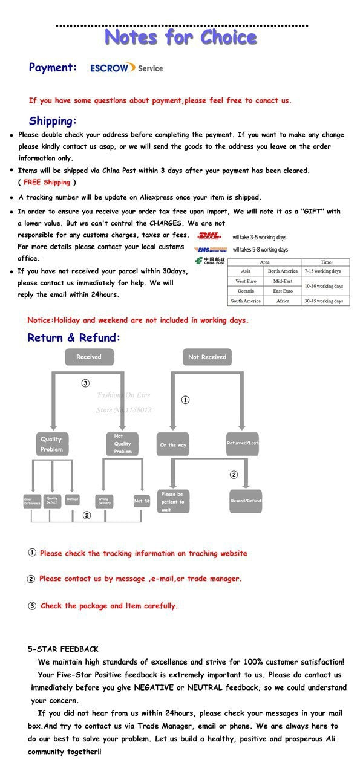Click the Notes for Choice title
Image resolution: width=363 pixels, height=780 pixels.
[x=181, y=38]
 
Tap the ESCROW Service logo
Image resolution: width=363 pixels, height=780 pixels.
[x=126, y=68]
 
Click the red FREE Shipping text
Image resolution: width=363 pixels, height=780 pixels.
[x=47, y=182]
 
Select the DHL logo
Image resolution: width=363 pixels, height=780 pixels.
[x=210, y=235]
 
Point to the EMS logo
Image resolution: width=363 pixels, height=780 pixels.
[x=210, y=249]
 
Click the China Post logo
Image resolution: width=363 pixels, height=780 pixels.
[x=210, y=261]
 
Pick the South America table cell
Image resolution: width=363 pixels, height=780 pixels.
[x=246, y=301]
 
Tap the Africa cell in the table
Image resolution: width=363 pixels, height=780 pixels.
[x=283, y=301]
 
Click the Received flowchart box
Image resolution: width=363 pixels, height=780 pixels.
[x=89, y=357]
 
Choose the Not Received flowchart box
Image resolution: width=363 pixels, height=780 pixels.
[x=207, y=357]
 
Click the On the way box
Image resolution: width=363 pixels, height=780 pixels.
[x=173, y=444]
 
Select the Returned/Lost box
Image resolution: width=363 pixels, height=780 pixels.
[x=243, y=443]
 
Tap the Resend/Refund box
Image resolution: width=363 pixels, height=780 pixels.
[x=246, y=501]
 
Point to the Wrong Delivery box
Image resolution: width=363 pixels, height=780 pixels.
[x=104, y=501]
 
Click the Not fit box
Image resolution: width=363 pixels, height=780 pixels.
[x=142, y=501]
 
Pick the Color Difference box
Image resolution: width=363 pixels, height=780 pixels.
[x=32, y=501]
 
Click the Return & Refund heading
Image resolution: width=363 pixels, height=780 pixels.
[x=74, y=337]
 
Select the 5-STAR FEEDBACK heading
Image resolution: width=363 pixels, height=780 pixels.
[x=63, y=649]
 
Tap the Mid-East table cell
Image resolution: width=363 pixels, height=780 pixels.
[x=283, y=281]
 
